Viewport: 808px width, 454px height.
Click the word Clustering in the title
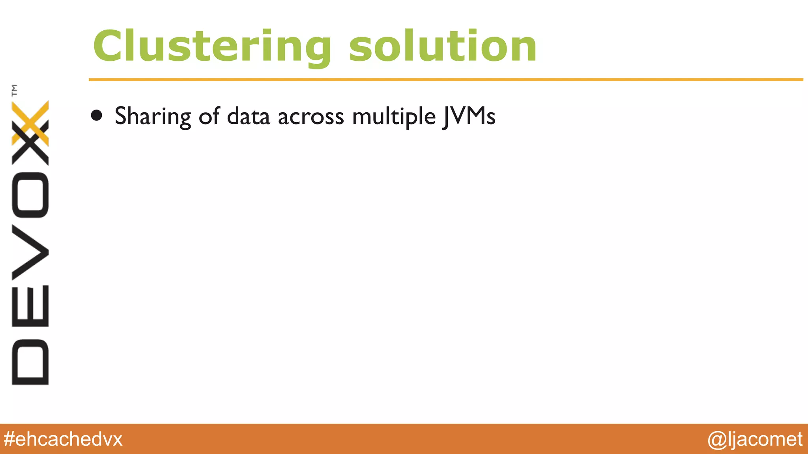pos(212,47)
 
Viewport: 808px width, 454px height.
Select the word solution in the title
pos(442,47)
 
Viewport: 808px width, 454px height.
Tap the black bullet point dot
pos(97,115)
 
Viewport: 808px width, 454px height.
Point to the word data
pos(249,117)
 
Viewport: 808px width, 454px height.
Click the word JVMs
pos(469,117)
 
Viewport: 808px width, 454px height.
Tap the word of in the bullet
pos(209,116)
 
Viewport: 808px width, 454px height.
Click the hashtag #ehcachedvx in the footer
pos(63,439)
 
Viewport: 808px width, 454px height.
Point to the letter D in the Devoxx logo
pos(30,362)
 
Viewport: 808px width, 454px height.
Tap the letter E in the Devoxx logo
pos(30,306)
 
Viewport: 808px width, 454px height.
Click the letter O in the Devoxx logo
pos(30,195)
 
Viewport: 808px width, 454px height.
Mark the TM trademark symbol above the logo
pos(15,90)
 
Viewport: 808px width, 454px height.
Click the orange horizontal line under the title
pos(446,80)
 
